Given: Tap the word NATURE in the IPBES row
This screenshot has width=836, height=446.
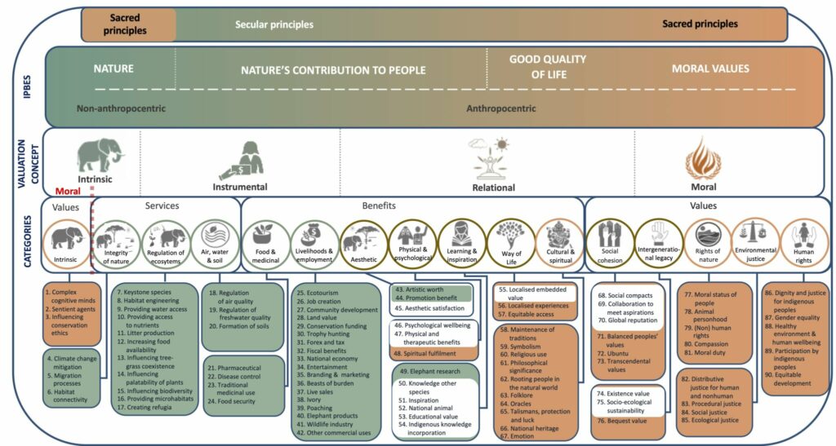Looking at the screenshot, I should coord(113,69).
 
